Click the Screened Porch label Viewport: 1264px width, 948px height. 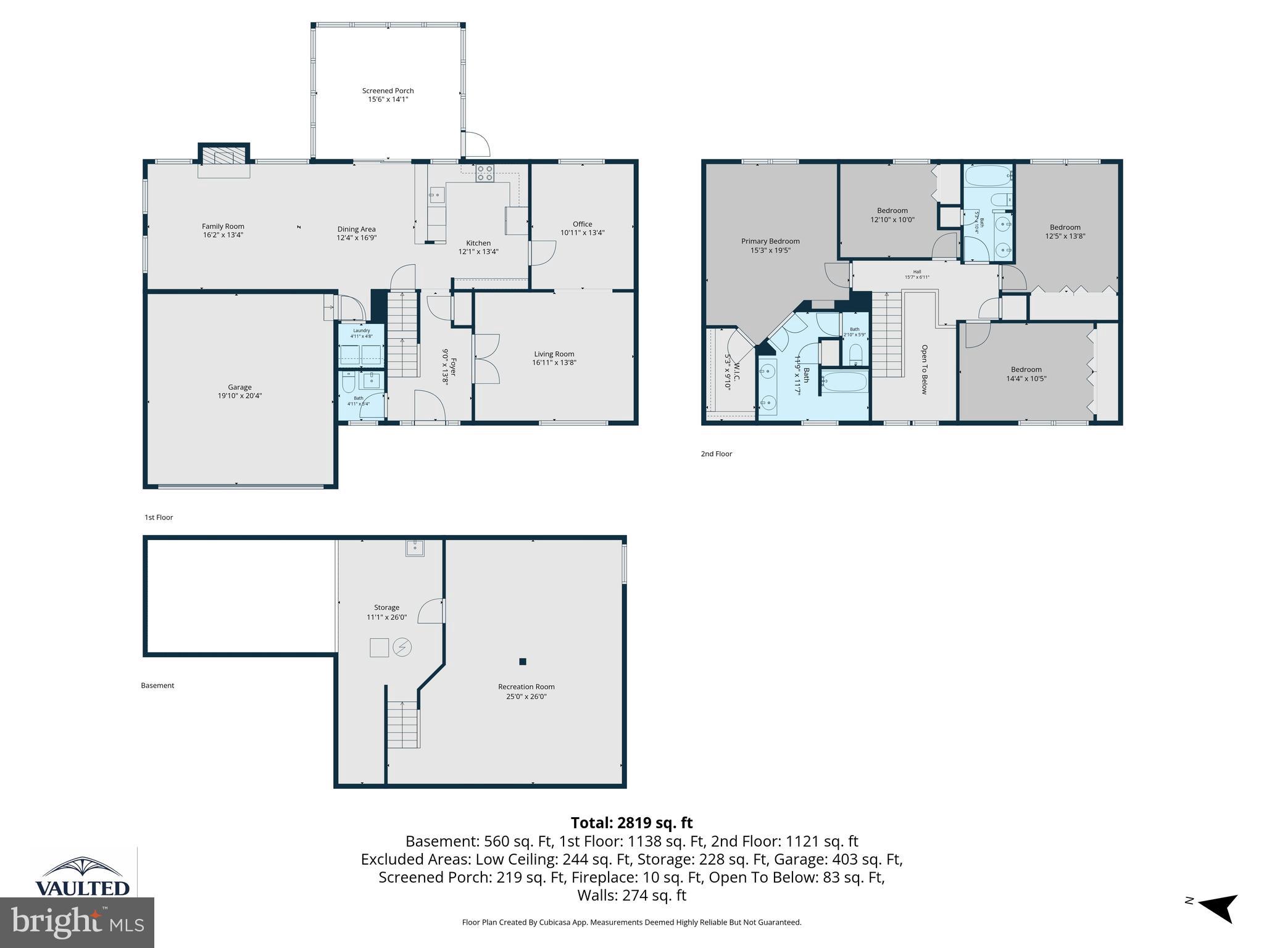(388, 91)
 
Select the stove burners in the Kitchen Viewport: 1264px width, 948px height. (484, 173)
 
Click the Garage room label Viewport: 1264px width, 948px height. (239, 387)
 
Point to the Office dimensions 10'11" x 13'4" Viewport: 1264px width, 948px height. (582, 233)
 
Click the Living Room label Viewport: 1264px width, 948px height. (554, 354)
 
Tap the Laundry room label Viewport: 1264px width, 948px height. (362, 331)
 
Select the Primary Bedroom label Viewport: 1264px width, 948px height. (770, 241)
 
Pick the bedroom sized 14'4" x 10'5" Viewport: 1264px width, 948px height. (1026, 374)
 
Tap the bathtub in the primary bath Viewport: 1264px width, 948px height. (845, 381)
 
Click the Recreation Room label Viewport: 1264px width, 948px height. (526, 686)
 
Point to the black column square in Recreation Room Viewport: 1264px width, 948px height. (523, 662)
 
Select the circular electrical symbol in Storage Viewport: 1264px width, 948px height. (402, 647)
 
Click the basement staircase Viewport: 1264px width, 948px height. (403, 725)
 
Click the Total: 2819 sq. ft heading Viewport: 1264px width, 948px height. (631, 823)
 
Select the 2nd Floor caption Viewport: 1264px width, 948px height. (716, 454)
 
